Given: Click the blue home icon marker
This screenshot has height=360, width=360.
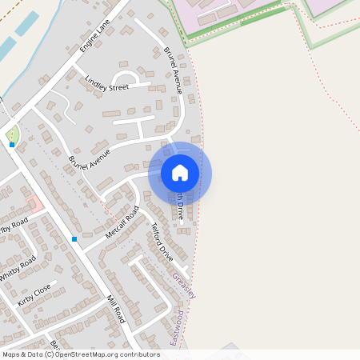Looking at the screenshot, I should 180,173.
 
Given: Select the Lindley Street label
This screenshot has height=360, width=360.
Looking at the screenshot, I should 106,83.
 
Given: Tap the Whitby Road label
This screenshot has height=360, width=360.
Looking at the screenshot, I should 18,267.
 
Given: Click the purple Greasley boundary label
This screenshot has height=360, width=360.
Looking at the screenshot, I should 184,285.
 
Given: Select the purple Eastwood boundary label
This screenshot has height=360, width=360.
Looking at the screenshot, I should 177,329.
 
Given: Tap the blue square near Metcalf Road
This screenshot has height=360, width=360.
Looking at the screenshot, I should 74,238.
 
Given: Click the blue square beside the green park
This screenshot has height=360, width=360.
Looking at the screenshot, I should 12,145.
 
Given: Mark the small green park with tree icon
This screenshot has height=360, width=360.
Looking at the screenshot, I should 12,133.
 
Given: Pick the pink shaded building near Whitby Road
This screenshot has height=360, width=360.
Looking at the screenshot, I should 34,204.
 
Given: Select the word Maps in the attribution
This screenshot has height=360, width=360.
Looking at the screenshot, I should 11,354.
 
